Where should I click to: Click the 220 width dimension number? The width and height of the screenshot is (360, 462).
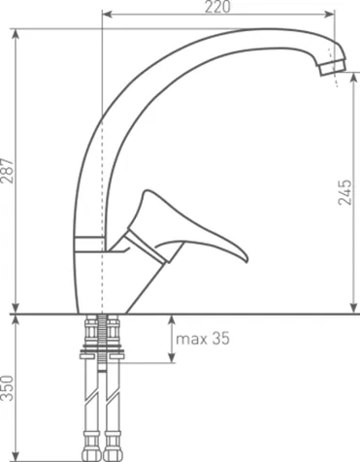[x=217, y=7]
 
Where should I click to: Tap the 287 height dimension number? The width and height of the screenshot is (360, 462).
[x=8, y=171]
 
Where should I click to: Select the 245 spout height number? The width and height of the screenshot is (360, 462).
[x=344, y=192]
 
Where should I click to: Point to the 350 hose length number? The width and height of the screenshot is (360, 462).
[x=8, y=388]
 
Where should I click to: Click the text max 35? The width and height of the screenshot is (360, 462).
[x=203, y=339]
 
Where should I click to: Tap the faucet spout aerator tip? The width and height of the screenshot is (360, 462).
[x=332, y=67]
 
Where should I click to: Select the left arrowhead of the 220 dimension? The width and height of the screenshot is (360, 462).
[x=107, y=14]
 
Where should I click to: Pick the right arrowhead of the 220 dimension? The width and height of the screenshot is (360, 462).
[x=330, y=14]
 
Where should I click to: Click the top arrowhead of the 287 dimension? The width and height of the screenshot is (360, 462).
[x=16, y=34]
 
